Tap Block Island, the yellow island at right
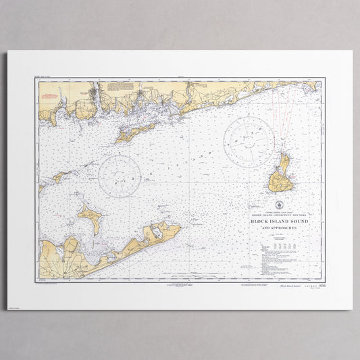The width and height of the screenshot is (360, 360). click(x=280, y=178)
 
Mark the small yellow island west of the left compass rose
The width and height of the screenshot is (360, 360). click(x=59, y=176)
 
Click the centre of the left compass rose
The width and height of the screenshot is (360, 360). click(x=120, y=176)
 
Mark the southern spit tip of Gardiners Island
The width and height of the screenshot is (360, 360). click(x=94, y=233)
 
